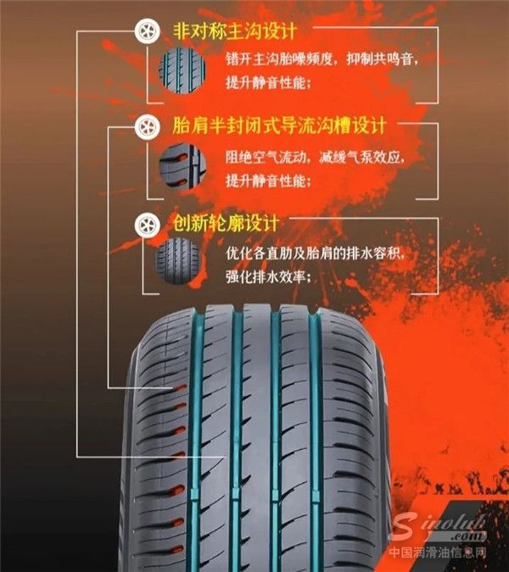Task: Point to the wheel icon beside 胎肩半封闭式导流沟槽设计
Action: (x=146, y=129)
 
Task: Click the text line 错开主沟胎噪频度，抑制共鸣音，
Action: (x=322, y=60)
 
